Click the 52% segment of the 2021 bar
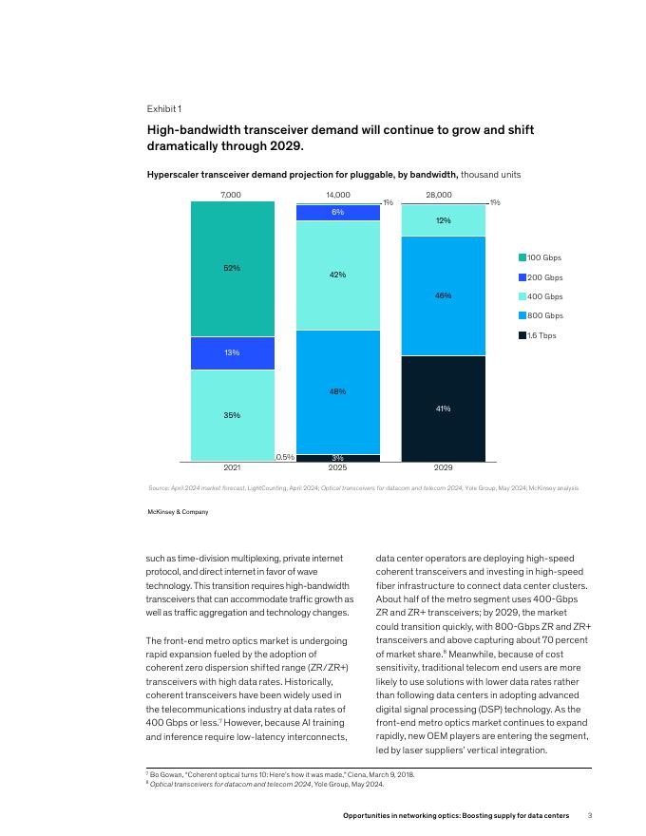[x=232, y=268]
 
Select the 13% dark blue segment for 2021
[x=232, y=352]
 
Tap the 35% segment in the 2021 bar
[x=232, y=415]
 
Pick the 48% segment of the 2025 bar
[x=338, y=391]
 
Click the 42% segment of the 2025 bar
[x=338, y=275]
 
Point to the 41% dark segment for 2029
[x=443, y=408]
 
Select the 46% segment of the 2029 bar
[x=443, y=295]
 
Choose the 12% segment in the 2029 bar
[x=443, y=220]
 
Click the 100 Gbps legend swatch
[x=522, y=257]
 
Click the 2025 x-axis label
[x=338, y=468]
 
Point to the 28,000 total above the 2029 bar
[x=439, y=195]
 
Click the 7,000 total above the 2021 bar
[x=231, y=195]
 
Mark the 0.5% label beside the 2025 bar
[x=285, y=457]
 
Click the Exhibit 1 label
[x=163, y=108]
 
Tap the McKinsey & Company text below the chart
[x=178, y=512]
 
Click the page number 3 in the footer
[x=589, y=816]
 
